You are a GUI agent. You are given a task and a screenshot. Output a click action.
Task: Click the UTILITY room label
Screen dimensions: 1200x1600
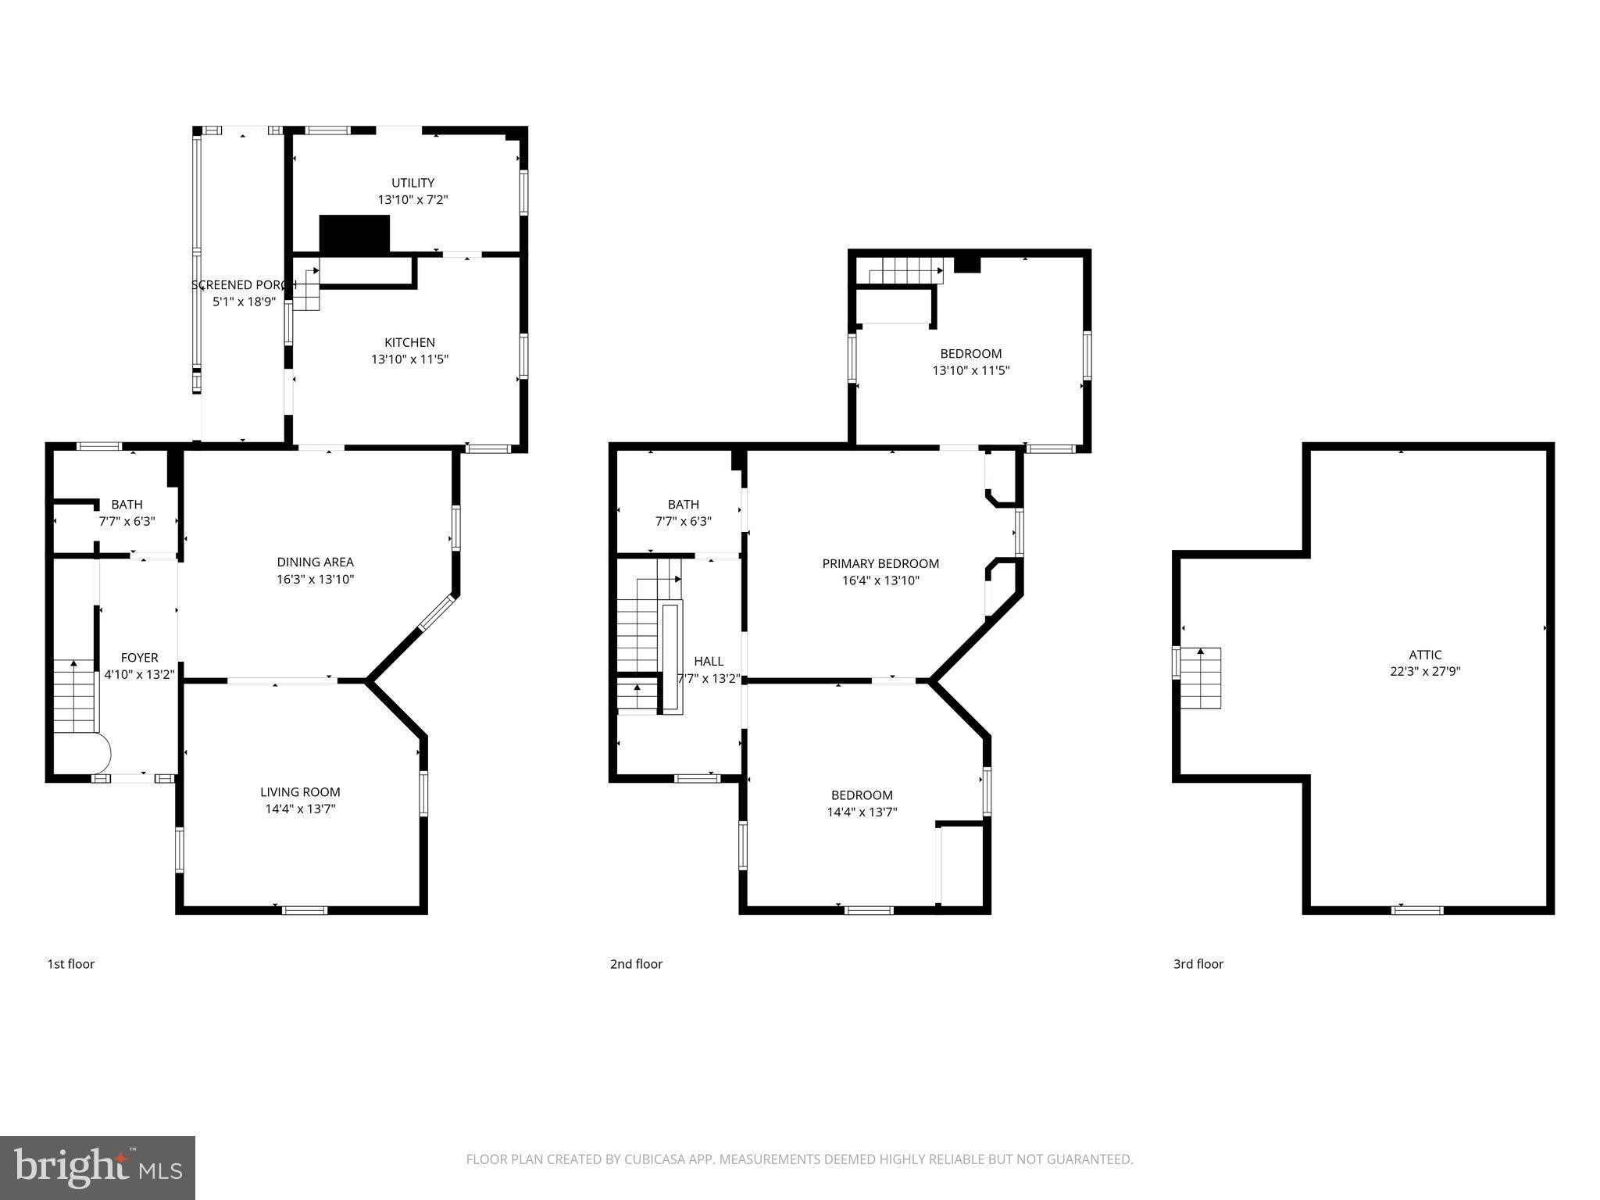tap(412, 183)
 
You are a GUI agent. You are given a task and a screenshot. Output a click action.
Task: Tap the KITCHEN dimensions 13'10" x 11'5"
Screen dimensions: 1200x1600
tap(409, 359)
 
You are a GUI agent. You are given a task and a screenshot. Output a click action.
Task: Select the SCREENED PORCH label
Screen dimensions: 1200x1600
tap(244, 285)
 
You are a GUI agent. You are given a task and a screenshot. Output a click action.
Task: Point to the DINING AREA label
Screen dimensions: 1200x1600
tap(315, 562)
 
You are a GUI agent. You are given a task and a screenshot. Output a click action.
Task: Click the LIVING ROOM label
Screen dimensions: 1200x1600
tap(300, 792)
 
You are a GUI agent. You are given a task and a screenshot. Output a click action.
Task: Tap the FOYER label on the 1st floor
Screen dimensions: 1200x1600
tap(139, 658)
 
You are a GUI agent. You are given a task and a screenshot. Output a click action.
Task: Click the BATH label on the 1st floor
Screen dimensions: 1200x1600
tap(127, 505)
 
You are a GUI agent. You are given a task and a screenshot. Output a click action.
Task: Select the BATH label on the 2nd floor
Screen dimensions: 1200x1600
tap(683, 505)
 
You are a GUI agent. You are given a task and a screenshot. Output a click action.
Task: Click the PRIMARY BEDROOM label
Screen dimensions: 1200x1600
tap(880, 563)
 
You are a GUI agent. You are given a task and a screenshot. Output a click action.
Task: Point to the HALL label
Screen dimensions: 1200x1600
tap(709, 661)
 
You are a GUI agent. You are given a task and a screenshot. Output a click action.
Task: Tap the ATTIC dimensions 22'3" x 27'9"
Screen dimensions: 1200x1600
tap(1425, 671)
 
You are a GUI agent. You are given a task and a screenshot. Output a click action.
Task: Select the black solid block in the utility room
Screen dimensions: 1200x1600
tap(354, 234)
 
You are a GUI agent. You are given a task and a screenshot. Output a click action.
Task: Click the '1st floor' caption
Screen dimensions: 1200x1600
tap(71, 964)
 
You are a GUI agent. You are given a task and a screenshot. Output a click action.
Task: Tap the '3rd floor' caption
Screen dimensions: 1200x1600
tap(1198, 964)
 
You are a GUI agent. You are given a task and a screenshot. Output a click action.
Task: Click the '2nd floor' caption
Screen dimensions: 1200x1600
tap(636, 964)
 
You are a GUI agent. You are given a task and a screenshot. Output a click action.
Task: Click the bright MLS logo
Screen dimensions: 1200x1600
tap(98, 1168)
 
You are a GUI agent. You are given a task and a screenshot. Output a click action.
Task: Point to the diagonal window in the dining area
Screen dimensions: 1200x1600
tap(437, 613)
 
